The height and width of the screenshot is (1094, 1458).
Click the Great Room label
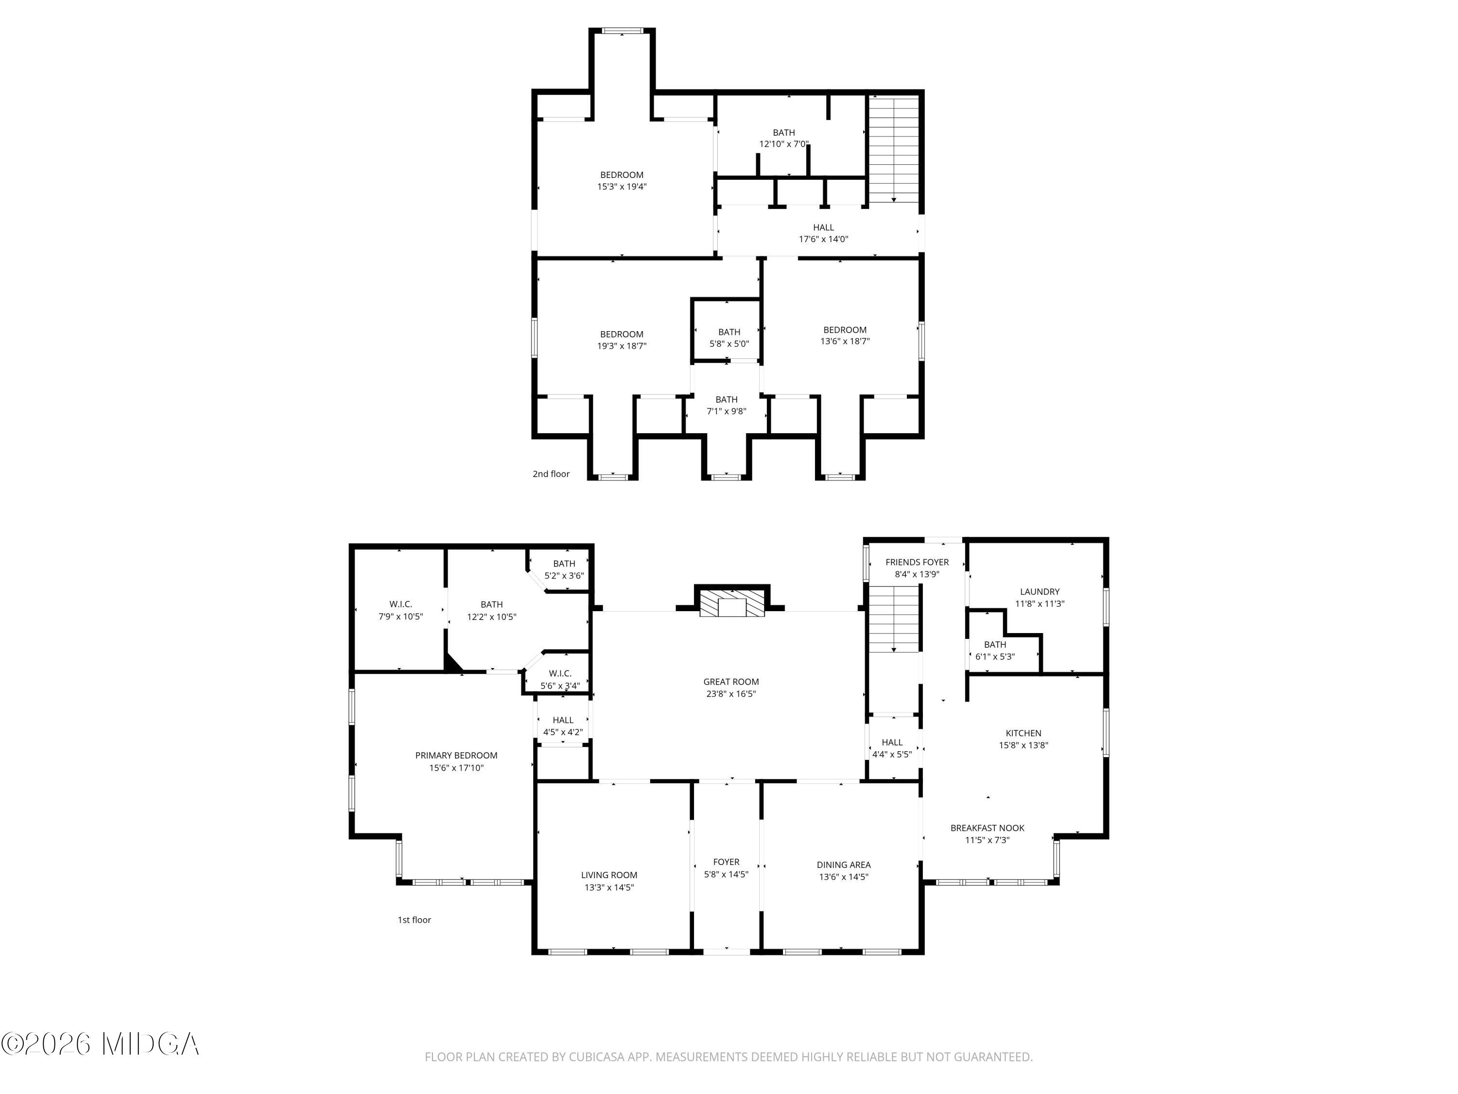730,682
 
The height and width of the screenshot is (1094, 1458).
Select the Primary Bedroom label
456,756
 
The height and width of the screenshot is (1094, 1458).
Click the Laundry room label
1040,592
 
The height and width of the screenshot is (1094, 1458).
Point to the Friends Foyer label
917,562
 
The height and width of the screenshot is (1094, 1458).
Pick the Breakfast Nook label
987,828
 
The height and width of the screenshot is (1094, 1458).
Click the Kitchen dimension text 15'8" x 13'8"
1023,745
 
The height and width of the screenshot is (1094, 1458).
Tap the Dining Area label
844,865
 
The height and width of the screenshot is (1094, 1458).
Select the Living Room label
609,875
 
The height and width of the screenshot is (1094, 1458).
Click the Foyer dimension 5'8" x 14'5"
727,874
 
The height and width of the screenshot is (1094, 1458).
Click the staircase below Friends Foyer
893,618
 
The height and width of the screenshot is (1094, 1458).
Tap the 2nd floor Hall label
823,228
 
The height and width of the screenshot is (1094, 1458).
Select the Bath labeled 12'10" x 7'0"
784,138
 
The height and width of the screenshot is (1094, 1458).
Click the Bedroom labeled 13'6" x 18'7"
844,335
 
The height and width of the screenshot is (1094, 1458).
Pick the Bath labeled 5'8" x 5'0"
729,337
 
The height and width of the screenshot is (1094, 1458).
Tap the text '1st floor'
414,920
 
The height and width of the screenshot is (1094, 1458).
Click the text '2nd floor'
551,474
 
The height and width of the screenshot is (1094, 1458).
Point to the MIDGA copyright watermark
100,1044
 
